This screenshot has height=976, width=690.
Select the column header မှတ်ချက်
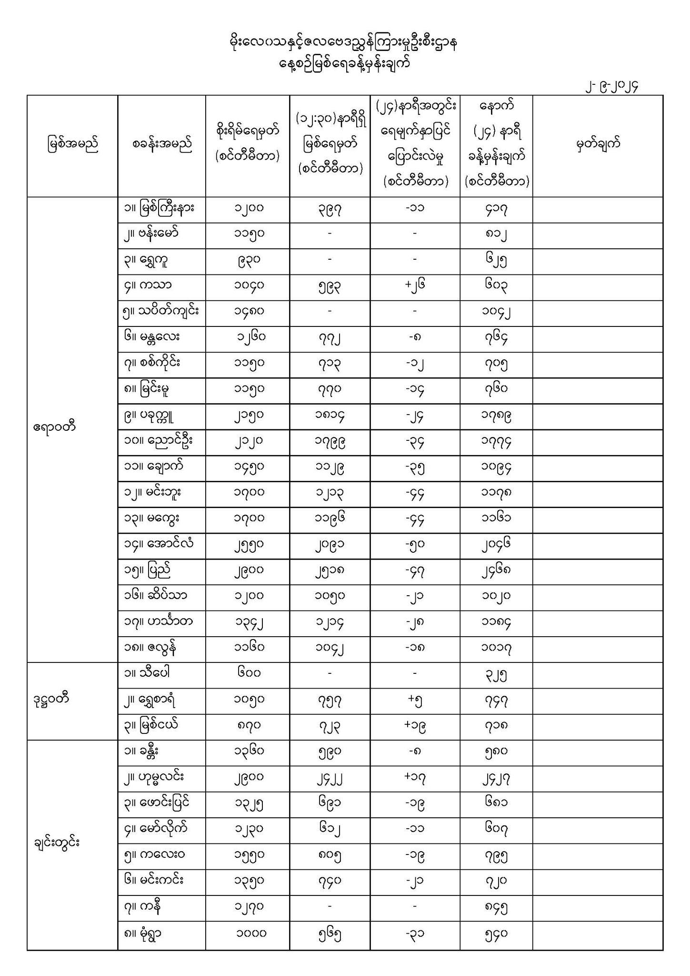(x=598, y=144)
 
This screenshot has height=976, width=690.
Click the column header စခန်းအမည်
(x=162, y=144)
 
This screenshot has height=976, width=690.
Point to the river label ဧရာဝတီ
(x=54, y=426)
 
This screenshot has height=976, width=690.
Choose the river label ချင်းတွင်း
(x=57, y=842)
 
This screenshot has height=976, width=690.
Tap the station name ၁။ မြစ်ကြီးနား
(x=158, y=208)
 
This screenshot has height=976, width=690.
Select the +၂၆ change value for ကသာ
(x=415, y=286)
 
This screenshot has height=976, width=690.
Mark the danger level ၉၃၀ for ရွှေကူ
(x=248, y=260)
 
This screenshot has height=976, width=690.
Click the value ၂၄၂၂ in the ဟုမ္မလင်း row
(x=330, y=778)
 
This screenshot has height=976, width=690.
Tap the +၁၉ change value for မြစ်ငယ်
(x=415, y=726)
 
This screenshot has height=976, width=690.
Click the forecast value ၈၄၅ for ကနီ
(x=496, y=907)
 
